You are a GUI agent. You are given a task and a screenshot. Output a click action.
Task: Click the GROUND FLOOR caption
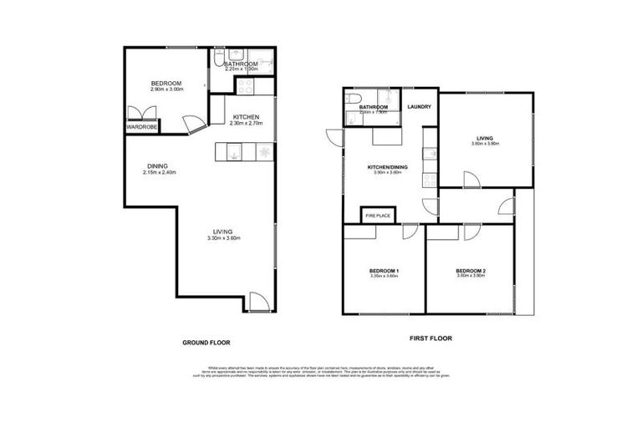(x=206, y=343)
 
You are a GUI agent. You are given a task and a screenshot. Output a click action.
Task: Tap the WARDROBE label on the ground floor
(x=142, y=126)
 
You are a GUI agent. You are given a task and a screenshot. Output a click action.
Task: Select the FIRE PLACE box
(x=379, y=216)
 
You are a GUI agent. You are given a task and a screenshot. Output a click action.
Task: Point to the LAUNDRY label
(x=420, y=107)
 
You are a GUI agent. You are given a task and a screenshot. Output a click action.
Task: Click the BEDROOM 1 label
(x=385, y=271)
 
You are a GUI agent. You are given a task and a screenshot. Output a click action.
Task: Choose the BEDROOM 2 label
(x=471, y=271)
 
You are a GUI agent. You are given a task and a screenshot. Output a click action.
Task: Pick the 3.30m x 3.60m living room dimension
(x=223, y=238)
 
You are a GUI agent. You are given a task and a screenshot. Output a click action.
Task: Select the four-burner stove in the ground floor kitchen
(x=247, y=85)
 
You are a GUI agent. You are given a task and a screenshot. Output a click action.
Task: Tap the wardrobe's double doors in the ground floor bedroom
(x=137, y=113)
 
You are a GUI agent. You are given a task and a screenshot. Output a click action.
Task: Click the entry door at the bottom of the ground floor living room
(x=259, y=303)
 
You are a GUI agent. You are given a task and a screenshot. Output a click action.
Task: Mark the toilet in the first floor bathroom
(x=350, y=120)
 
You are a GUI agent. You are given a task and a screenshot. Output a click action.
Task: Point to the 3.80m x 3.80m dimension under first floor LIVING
(x=485, y=143)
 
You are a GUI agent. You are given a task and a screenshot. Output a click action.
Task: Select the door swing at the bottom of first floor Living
(x=471, y=179)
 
